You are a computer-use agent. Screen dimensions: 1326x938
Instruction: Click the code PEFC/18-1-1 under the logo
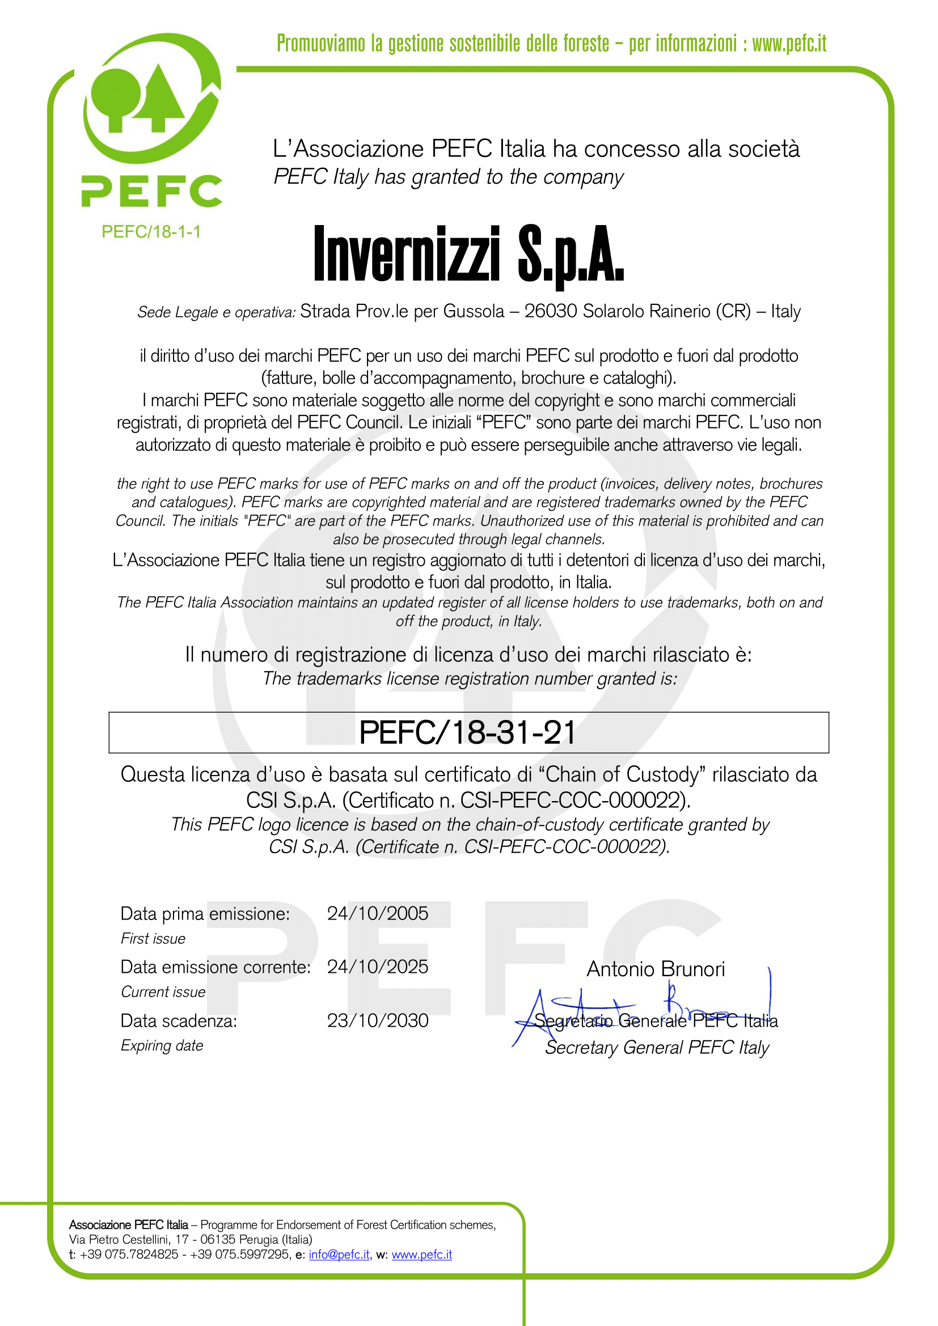151,232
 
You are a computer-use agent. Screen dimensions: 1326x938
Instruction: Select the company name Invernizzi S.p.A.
468,255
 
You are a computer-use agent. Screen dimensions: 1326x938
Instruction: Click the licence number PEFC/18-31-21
468,733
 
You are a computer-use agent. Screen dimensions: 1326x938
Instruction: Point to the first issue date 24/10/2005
377,913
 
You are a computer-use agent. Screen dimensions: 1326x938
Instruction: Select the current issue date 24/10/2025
377,967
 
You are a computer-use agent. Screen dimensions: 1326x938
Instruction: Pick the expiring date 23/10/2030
377,1020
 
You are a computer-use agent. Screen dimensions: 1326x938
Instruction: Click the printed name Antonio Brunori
656,969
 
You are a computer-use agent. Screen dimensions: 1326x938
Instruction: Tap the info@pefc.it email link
339,1255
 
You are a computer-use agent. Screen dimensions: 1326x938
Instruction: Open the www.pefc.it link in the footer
421,1255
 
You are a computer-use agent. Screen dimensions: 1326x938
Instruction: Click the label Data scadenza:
179,1021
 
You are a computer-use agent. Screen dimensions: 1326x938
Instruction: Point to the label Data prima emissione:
205,914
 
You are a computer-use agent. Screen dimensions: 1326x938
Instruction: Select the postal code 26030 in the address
551,311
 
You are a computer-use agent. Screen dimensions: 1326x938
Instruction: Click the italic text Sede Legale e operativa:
216,312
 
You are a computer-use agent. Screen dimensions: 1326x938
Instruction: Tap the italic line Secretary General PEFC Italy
657,1048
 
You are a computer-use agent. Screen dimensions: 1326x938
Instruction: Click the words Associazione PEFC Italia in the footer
128,1225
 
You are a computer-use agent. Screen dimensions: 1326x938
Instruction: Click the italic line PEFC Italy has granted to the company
448,177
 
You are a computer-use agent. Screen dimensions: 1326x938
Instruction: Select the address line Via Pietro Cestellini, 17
129,1239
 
